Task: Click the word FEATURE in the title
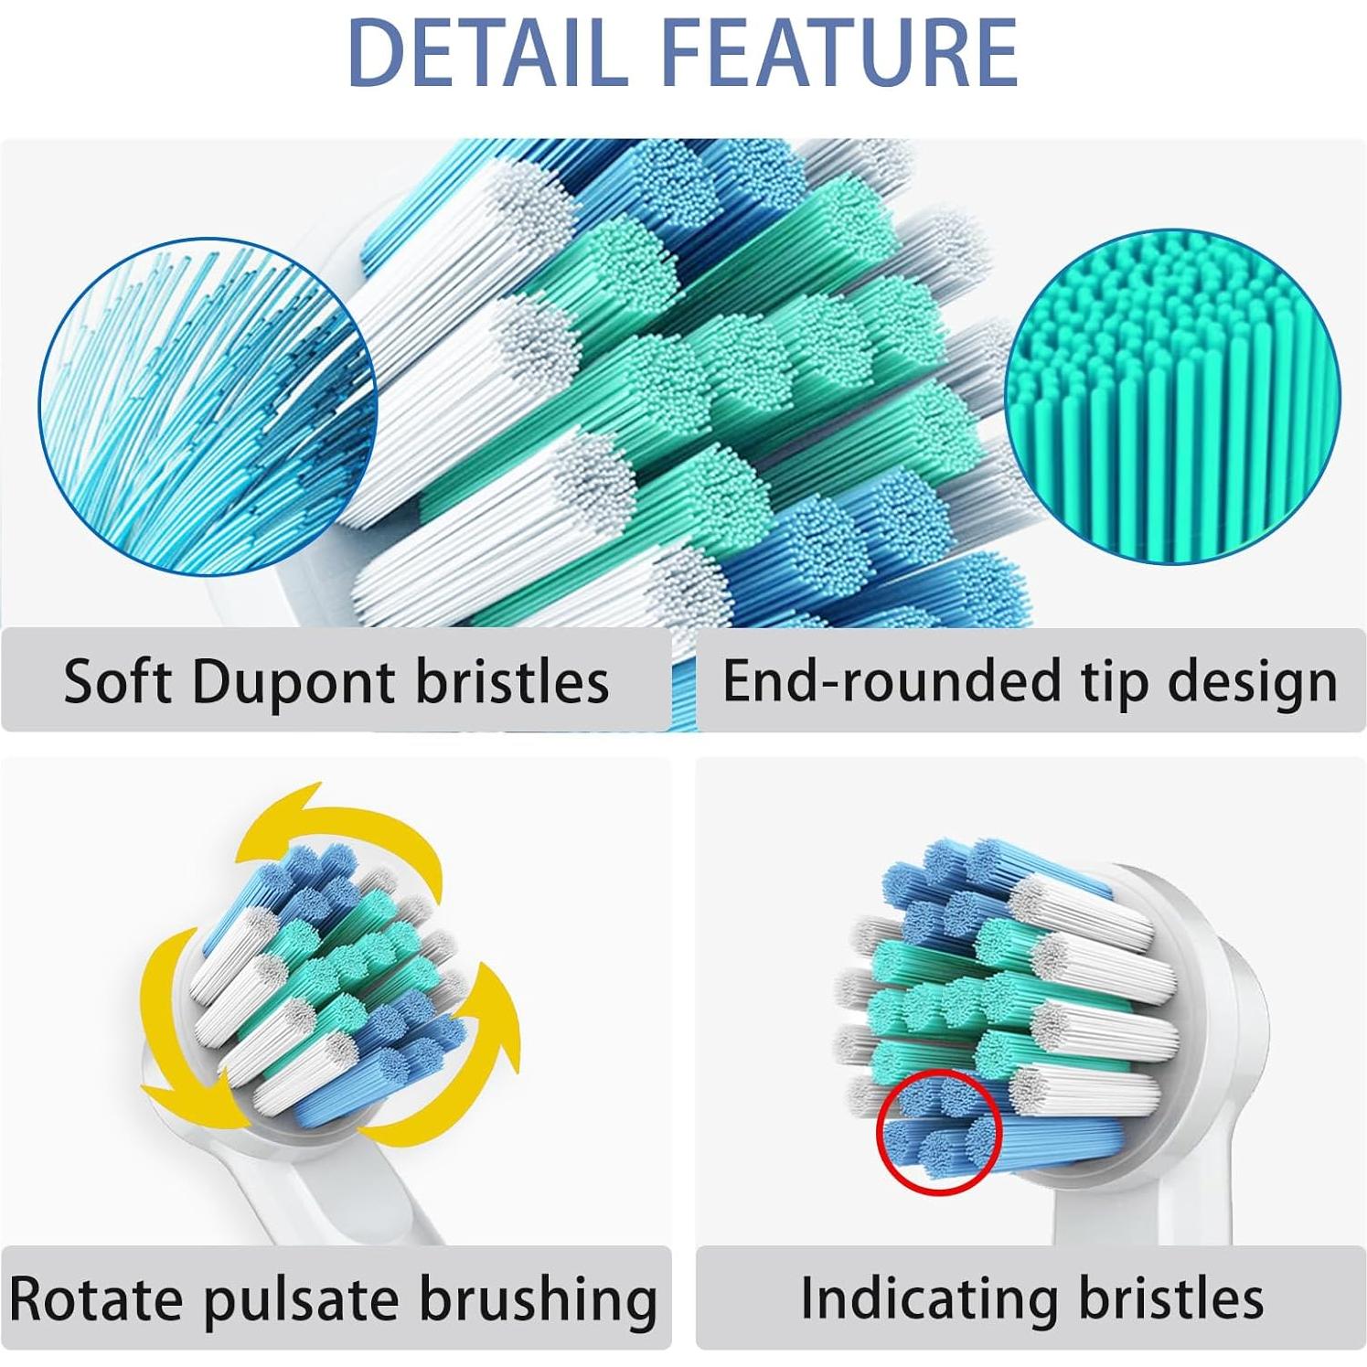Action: click(838, 51)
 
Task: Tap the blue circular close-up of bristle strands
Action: click(207, 407)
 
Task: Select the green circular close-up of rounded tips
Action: click(1173, 396)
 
